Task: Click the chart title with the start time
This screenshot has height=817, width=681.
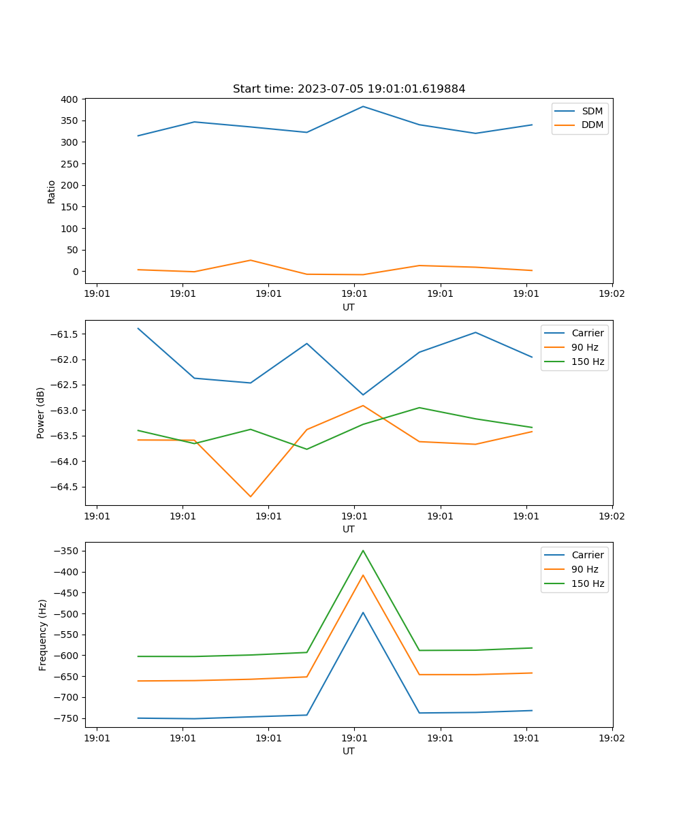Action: (349, 89)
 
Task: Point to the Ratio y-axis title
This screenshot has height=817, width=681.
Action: (52, 191)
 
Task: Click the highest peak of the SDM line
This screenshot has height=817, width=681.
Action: (363, 106)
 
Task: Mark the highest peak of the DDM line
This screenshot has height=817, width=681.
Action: (251, 260)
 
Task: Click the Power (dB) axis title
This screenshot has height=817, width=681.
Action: (41, 413)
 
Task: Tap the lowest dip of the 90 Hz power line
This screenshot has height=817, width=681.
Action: (251, 496)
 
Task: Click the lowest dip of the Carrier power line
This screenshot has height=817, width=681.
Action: (363, 395)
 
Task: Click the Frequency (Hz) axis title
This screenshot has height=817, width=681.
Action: (43, 635)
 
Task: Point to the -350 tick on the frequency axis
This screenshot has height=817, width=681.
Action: (66, 551)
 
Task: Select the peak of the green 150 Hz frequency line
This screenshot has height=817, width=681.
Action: (363, 550)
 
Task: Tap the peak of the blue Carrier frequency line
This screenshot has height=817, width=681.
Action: (363, 612)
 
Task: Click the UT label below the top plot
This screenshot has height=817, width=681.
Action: (349, 307)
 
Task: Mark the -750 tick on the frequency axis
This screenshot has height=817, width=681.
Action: (66, 718)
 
